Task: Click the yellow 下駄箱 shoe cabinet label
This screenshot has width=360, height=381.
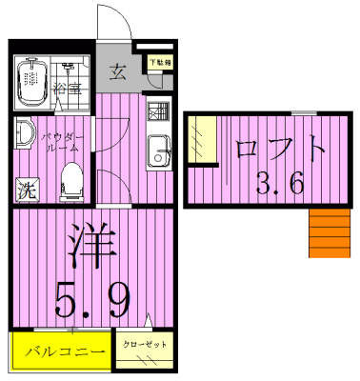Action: (x=157, y=63)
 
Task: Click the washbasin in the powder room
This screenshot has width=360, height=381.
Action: (x=23, y=134)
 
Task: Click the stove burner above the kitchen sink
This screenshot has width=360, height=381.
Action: (x=158, y=111)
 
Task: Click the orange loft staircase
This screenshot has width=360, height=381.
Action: (x=330, y=234)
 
